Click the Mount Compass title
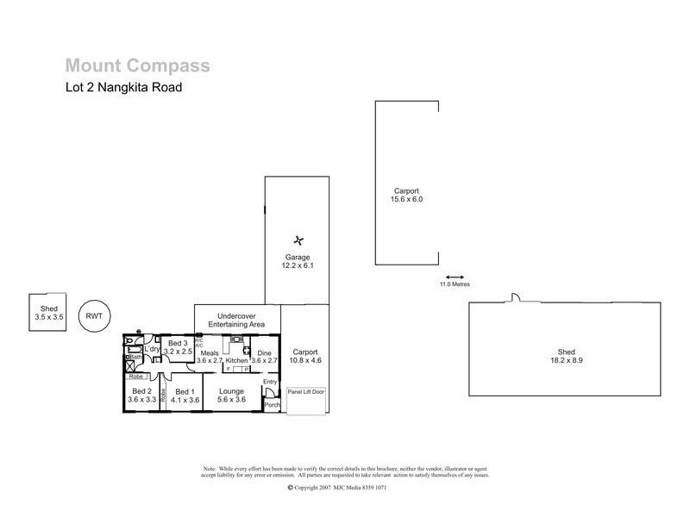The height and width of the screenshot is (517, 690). pos(137,65)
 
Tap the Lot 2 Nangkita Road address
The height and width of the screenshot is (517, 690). pos(123,86)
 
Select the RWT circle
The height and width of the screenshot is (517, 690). pos(94,315)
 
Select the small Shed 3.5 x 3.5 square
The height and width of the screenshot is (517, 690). pos(47,312)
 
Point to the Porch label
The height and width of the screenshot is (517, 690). pos(273,405)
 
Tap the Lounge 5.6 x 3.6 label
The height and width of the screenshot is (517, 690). pos(233,396)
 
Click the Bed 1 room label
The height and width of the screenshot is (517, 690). pos(185,396)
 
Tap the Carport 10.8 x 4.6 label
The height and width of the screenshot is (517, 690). pos(305,357)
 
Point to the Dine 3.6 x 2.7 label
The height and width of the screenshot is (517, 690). pos(264,357)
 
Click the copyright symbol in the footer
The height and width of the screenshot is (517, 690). pos(290,487)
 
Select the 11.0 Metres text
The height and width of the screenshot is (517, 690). pos(455,284)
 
